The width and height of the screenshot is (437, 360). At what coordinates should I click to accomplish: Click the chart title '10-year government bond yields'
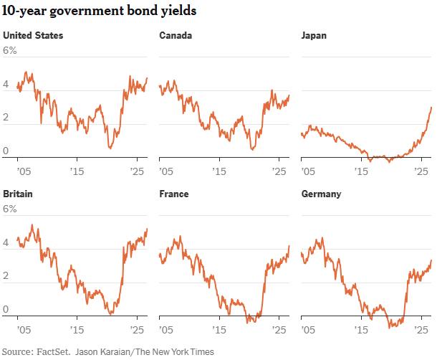(99, 11)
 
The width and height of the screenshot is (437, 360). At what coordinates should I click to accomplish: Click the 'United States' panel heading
(33, 35)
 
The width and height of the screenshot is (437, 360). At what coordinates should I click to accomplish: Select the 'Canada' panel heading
(176, 35)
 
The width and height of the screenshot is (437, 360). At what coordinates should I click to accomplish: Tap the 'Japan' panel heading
(314, 36)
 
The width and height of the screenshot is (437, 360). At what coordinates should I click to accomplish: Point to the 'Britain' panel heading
(18, 194)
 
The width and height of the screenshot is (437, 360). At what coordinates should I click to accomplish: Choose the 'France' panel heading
(174, 194)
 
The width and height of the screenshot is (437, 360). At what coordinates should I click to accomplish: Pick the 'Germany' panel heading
(322, 194)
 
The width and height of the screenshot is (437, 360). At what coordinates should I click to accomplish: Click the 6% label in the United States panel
(10, 50)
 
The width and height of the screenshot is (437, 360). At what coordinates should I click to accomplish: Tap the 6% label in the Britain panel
(10, 209)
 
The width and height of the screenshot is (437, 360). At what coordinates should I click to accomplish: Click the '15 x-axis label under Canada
(219, 171)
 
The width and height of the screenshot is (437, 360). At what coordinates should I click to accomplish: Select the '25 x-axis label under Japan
(421, 171)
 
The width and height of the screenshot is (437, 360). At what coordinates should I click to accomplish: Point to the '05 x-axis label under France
(166, 330)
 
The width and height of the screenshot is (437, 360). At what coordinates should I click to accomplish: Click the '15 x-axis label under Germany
(361, 330)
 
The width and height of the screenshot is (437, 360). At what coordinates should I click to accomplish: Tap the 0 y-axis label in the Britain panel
(6, 309)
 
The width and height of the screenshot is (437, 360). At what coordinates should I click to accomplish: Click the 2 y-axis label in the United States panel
(6, 117)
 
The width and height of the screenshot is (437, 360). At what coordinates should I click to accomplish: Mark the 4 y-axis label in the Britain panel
(6, 242)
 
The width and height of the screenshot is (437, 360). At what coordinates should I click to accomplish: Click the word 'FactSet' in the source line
(52, 351)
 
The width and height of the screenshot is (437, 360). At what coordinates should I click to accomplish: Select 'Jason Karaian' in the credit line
(102, 352)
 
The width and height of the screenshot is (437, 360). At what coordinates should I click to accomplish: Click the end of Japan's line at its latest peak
(431, 108)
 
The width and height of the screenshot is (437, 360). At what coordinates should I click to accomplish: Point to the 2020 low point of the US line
(110, 148)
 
